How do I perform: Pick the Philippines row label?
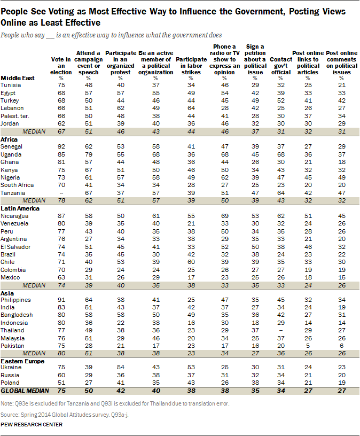(x=15, y=300)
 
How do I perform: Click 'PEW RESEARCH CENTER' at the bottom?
(x=32, y=424)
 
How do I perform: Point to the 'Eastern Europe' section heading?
(x=22, y=361)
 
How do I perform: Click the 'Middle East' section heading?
(x=18, y=77)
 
